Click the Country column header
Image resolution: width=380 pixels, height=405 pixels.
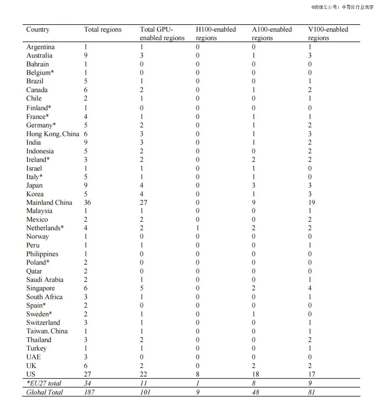pos(38,30)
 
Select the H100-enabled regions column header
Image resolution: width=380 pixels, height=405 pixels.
pos(216,33)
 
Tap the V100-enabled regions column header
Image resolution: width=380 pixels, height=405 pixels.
pos(328,33)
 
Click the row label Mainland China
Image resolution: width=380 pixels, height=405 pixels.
pos(49,202)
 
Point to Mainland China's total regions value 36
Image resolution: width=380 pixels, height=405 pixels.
pos(87,202)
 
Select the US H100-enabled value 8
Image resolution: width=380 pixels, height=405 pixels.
pos(198,374)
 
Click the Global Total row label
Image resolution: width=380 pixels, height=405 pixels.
pos(45,392)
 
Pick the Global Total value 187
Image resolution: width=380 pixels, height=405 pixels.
pos(89,392)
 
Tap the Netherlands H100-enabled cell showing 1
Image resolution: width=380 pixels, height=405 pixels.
pos(198,228)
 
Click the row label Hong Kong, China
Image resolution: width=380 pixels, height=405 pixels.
pos(52,134)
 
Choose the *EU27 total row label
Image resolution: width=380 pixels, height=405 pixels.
pos(44,383)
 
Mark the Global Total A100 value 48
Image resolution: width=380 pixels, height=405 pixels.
pos(256,392)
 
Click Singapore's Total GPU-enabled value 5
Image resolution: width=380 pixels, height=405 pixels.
pos(142,288)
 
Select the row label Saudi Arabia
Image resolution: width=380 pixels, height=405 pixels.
pos(45,280)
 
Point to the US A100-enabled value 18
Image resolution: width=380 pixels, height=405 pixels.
pos(256,374)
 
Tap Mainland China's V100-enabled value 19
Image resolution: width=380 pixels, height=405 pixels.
pos(312,202)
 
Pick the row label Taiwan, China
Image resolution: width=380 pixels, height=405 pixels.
pos(47,331)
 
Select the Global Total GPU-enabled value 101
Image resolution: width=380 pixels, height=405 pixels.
pos(145,392)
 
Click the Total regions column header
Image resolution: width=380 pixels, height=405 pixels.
pos(103,30)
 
